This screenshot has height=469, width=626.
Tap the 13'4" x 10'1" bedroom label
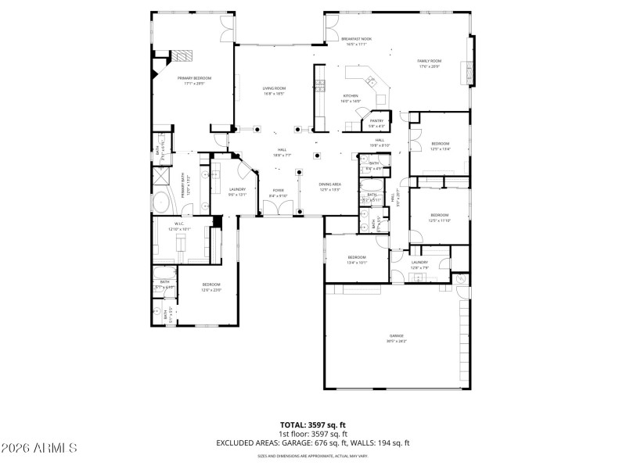(x=357, y=260)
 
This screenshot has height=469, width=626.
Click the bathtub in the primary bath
(x=161, y=202)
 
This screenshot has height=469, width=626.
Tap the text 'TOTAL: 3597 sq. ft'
(x=313, y=425)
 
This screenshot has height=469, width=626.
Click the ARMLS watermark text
(x=39, y=448)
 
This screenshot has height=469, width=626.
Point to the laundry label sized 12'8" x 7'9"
(x=419, y=265)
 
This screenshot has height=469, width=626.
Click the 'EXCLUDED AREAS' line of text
(x=313, y=442)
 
